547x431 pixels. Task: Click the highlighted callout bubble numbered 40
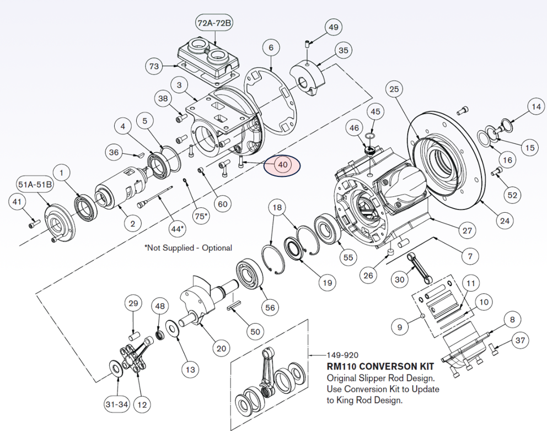tap(282, 165)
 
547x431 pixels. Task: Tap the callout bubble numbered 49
tap(334, 27)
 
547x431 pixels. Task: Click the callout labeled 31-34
tap(116, 405)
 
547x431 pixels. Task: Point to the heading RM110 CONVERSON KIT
tap(380, 367)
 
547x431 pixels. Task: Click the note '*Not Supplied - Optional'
tap(188, 248)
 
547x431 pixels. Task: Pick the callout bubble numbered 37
tap(519, 340)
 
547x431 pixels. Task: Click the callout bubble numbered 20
tap(221, 348)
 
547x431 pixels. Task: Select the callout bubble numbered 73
tap(154, 67)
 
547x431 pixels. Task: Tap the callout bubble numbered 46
tap(354, 128)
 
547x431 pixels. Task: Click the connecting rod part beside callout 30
tap(419, 267)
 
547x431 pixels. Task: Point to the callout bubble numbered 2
tap(133, 223)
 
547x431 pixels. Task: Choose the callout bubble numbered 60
tap(222, 204)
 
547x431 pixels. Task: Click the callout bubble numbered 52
tap(513, 195)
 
